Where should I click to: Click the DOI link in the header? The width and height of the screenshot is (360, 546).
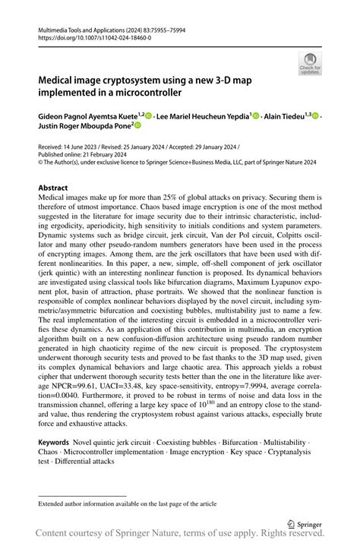click(90, 36)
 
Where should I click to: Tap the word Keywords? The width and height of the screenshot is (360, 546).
click(54, 441)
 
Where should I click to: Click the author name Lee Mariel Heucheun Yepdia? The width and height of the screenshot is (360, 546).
click(204, 116)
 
